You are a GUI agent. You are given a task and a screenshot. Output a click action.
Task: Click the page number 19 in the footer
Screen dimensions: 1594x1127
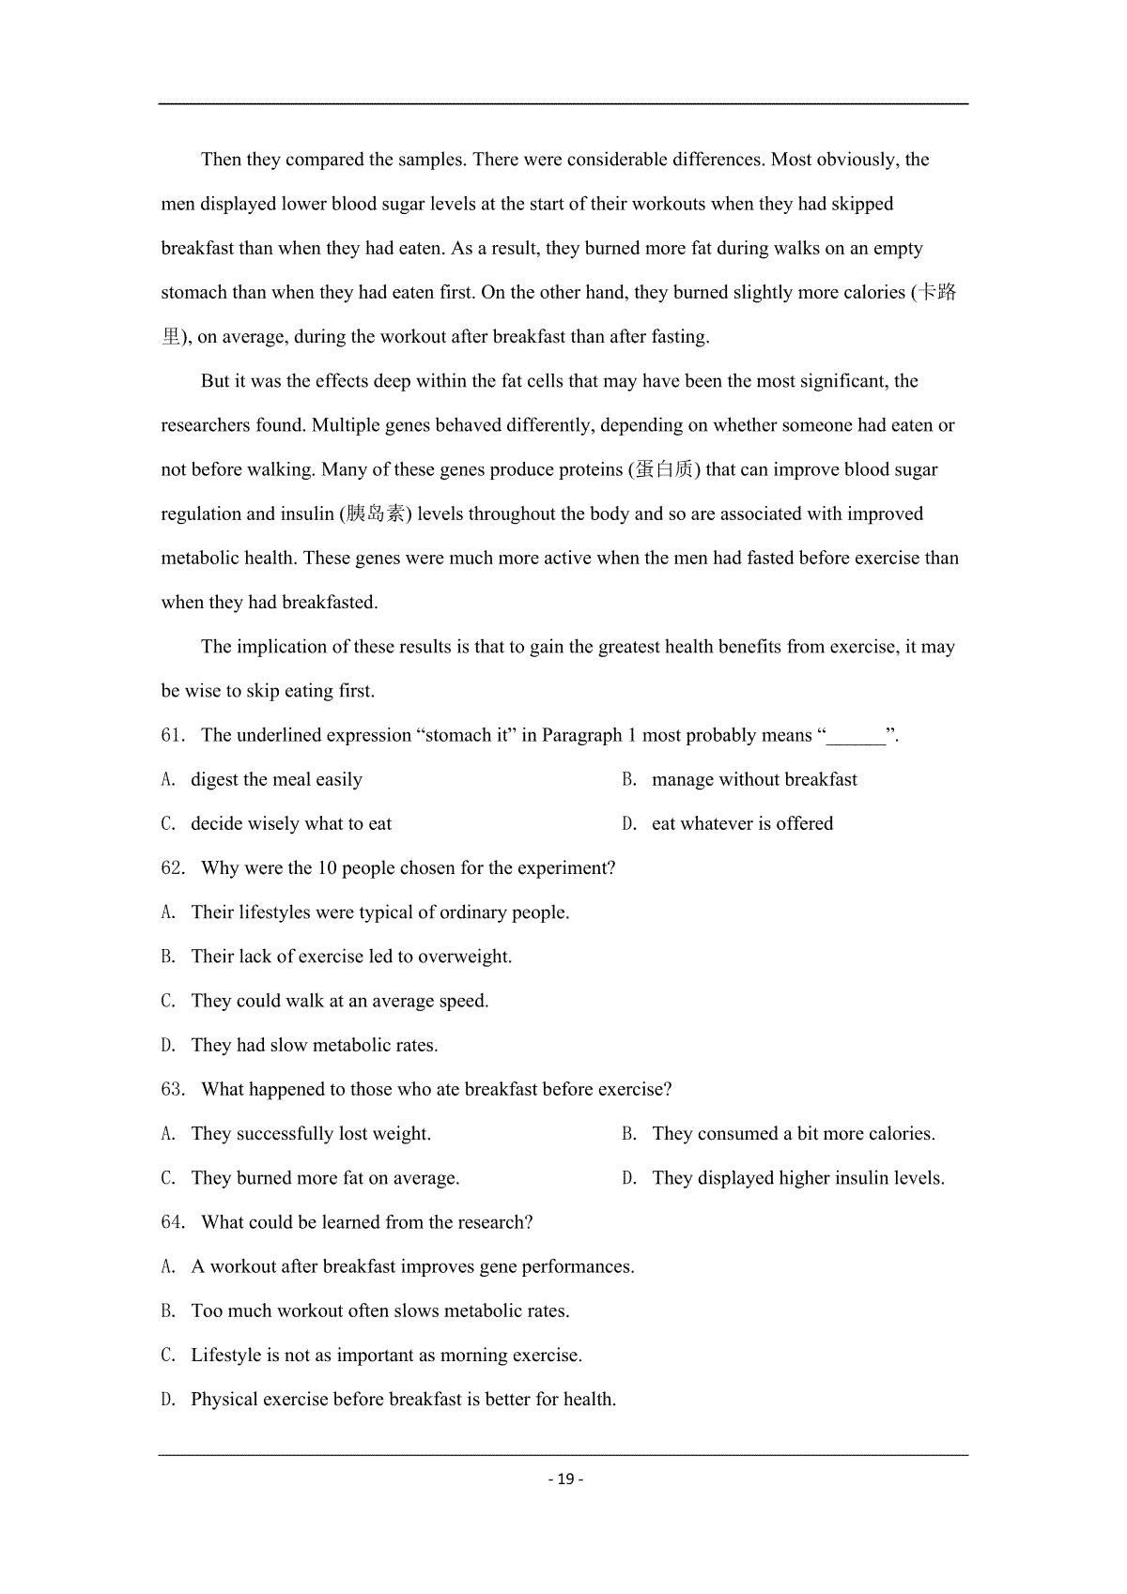[564, 1479]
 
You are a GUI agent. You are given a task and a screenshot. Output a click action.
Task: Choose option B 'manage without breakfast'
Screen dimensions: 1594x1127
[753, 780]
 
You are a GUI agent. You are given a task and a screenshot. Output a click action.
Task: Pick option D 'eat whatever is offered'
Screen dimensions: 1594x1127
[742, 824]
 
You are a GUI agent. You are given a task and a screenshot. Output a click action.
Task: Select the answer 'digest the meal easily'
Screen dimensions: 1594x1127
[276, 780]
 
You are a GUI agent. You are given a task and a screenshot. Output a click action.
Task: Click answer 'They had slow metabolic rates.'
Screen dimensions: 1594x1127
[314, 1046]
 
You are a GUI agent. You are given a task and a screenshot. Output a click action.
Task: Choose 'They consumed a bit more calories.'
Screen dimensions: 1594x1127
[793, 1134]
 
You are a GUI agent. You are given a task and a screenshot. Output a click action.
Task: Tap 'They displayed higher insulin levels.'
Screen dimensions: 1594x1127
[797, 1178]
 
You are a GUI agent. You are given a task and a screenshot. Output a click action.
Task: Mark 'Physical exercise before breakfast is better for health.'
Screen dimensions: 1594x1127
[403, 1400]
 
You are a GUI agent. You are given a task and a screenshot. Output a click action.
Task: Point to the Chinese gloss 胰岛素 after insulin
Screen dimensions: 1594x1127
[376, 513]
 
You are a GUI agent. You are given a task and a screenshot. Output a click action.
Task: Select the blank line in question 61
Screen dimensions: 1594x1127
[856, 736]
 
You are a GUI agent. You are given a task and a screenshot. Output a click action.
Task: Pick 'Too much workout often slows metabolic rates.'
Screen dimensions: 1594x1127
[379, 1311]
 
